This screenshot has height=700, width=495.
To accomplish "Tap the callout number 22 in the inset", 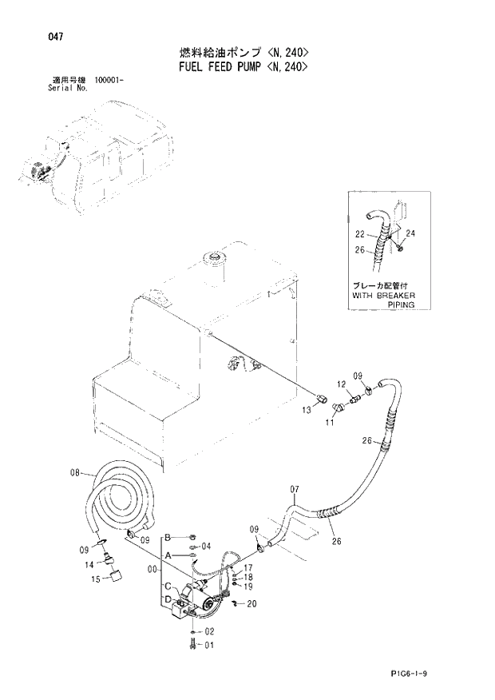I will tap(359, 234).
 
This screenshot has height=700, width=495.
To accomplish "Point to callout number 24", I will tap(411, 233).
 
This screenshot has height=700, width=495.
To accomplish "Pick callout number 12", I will tap(339, 383).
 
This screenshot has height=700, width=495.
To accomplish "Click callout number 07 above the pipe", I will tap(293, 489).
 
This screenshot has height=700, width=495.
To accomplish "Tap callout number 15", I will tap(95, 579).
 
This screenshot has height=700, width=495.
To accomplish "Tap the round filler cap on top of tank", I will tap(214, 257).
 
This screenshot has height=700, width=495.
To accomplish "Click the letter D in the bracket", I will tap(168, 599).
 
